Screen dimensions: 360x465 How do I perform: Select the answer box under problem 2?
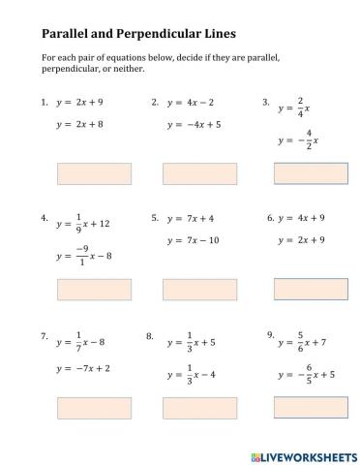point(194,173)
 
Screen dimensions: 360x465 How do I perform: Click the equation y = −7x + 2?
point(83,368)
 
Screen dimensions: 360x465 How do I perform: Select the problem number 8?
point(150,336)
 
